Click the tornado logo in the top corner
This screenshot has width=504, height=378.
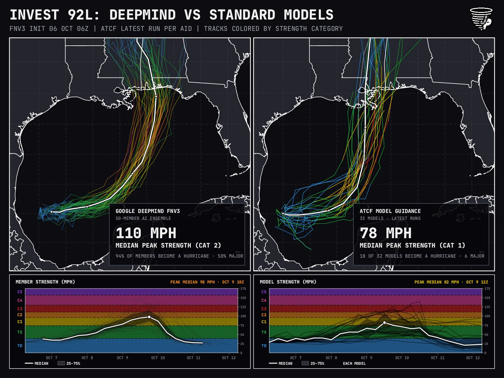(481, 19)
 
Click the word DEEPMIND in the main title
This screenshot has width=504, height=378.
(143, 15)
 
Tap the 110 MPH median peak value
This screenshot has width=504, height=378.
(146, 233)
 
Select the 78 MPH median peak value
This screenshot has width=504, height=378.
(386, 233)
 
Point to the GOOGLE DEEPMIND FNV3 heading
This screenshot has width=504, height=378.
(148, 211)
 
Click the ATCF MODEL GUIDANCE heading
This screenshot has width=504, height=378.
(390, 211)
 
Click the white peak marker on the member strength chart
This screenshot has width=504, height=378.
(149, 317)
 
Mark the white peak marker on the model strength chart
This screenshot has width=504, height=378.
(385, 323)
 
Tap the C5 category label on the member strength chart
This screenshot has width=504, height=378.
(20, 292)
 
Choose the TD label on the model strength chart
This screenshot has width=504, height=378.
(264, 346)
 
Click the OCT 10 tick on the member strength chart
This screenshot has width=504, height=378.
(158, 358)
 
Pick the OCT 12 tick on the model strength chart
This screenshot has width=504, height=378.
(473, 358)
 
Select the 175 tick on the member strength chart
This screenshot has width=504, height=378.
(243, 289)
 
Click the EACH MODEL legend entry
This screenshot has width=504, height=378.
(354, 363)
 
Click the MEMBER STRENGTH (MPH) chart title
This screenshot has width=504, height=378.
(45, 282)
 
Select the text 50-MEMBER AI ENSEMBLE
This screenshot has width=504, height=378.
(143, 219)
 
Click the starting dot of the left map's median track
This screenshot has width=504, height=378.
(52, 212)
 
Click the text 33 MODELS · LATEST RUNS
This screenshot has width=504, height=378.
(390, 219)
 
